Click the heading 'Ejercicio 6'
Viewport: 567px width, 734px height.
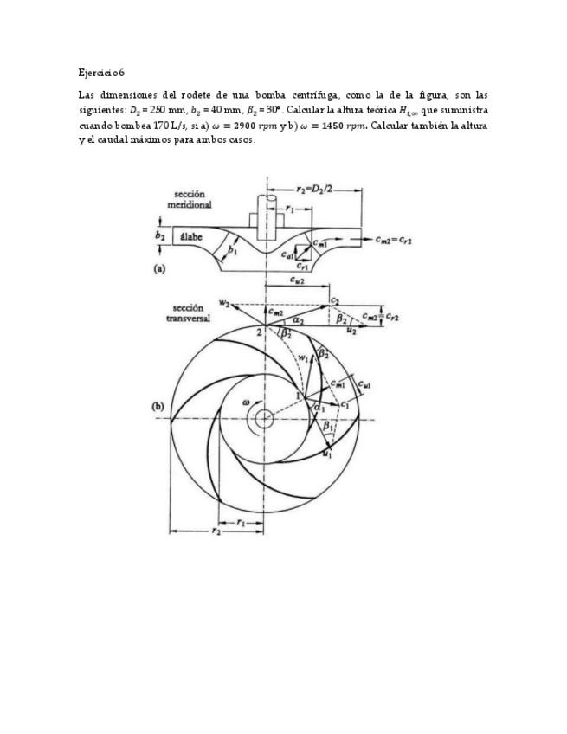[x=100, y=73]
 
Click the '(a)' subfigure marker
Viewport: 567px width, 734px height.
[x=159, y=269]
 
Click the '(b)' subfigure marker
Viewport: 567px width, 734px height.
[x=158, y=404]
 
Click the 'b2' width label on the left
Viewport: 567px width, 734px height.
[x=159, y=235]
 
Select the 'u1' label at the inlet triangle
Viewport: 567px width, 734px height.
[x=325, y=454]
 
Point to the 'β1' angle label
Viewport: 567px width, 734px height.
[x=327, y=427]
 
